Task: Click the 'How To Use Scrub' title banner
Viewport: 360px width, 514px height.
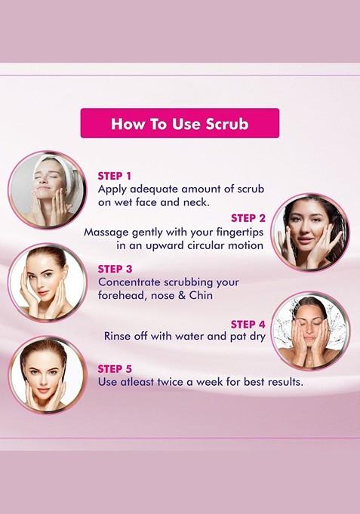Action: pyautogui.click(x=180, y=124)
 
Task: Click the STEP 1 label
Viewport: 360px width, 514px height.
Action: pyautogui.click(x=115, y=176)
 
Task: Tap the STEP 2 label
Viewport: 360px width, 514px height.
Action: pyautogui.click(x=248, y=218)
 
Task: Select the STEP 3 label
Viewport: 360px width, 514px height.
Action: pyautogui.click(x=115, y=269)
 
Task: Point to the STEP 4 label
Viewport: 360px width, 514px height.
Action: pyautogui.click(x=248, y=324)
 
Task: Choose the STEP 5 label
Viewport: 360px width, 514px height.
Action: pyautogui.click(x=115, y=368)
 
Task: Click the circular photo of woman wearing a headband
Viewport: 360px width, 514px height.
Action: pyautogui.click(x=47, y=189)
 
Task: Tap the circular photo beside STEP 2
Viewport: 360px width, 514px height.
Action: pyautogui.click(x=309, y=232)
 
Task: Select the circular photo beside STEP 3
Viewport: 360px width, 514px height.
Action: pyautogui.click(x=47, y=282)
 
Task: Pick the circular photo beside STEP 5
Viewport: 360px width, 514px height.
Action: pyautogui.click(x=47, y=375)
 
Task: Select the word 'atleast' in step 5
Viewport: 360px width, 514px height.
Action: pyautogui.click(x=143, y=382)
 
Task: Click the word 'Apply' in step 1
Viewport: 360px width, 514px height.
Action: pyautogui.click(x=113, y=189)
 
